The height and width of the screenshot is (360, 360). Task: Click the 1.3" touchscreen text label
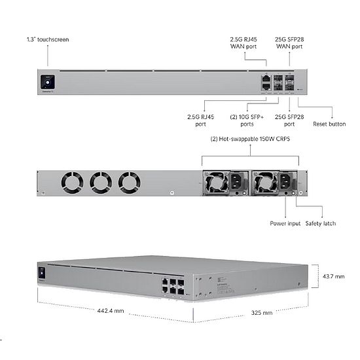(47, 40)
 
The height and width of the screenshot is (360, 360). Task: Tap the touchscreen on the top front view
(46, 82)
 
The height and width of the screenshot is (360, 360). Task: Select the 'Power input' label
(286, 223)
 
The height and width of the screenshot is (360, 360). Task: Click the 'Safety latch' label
(320, 223)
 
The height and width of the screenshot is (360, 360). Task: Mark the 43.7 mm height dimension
(333, 277)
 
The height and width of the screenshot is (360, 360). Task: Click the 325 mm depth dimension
(262, 313)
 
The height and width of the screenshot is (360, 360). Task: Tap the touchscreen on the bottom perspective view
(42, 272)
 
